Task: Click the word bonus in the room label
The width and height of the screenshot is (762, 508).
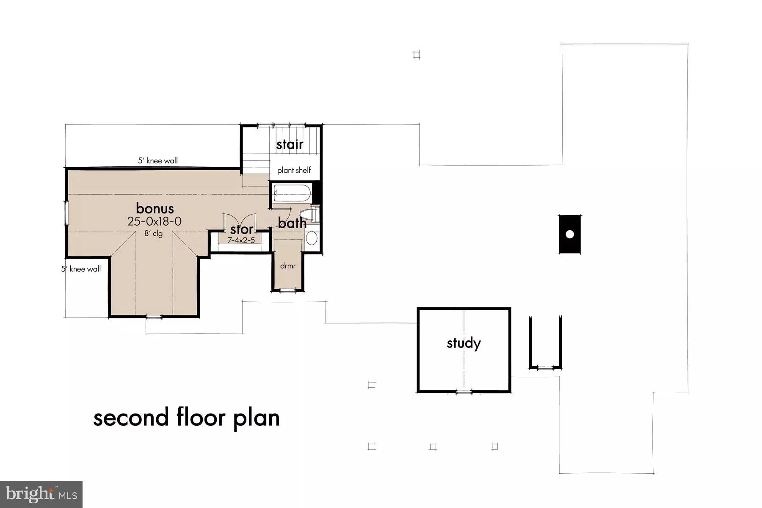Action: pyautogui.click(x=155, y=208)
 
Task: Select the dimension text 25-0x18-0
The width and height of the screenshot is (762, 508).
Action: pyautogui.click(x=155, y=221)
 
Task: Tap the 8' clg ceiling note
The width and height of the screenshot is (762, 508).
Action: pyautogui.click(x=153, y=233)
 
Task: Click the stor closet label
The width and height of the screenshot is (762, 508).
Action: pyautogui.click(x=241, y=230)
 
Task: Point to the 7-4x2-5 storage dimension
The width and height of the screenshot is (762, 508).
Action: pyautogui.click(x=241, y=240)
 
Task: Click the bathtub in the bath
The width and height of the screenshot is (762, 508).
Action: pyautogui.click(x=292, y=194)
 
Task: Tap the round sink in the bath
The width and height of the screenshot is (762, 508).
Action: pyautogui.click(x=312, y=238)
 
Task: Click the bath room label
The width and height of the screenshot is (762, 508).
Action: pyautogui.click(x=292, y=223)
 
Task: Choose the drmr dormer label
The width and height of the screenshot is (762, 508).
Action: pyautogui.click(x=287, y=266)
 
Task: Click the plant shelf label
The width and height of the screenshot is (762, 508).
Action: pyautogui.click(x=294, y=170)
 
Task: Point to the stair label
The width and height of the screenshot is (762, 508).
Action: pyautogui.click(x=290, y=145)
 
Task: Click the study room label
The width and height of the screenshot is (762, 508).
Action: pyautogui.click(x=464, y=343)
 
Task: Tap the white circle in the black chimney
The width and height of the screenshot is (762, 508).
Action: pyautogui.click(x=569, y=234)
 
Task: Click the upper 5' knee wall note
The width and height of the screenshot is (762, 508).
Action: pyautogui.click(x=157, y=161)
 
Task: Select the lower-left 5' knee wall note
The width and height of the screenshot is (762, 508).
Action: pyautogui.click(x=81, y=269)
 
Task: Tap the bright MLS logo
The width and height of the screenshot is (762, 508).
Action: pyautogui.click(x=41, y=494)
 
